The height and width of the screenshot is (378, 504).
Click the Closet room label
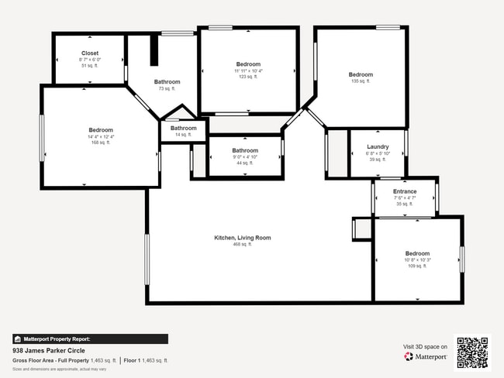[x=90, y=53]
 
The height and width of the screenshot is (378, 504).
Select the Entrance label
[x=405, y=191]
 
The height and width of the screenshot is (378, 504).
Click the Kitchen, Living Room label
[x=243, y=238]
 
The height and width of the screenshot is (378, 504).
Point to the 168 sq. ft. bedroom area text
[x=101, y=143]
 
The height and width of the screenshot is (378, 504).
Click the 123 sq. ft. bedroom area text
[x=248, y=77]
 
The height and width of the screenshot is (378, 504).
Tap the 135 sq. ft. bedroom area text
[x=361, y=81]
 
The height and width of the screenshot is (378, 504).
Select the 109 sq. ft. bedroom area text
[x=417, y=266]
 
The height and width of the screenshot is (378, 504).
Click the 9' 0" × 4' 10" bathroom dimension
[x=245, y=156]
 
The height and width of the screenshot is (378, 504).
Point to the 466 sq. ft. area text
[x=243, y=245]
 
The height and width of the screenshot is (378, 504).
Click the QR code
[x=472, y=352]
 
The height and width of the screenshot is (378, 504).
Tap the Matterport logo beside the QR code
[x=426, y=357]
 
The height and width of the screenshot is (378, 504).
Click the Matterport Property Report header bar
[x=90, y=338]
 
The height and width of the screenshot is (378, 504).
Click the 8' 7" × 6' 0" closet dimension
[x=90, y=60]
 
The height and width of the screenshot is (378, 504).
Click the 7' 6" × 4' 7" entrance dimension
[x=405, y=198]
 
